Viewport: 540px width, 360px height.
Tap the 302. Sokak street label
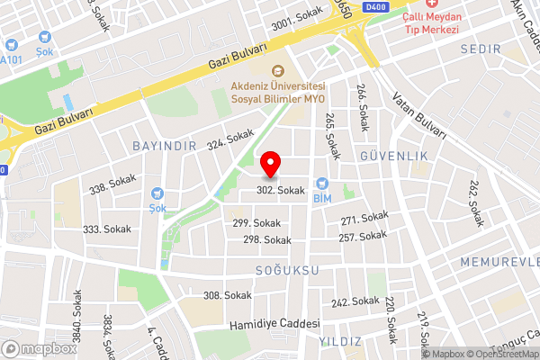pyautogui.click(x=281, y=191)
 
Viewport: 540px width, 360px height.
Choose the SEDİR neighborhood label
pyautogui.click(x=479, y=48)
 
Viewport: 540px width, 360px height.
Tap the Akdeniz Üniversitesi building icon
pyautogui.click(x=277, y=70)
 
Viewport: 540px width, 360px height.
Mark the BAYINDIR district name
pyautogui.click(x=163, y=146)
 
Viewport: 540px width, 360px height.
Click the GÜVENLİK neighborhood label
pyautogui.click(x=394, y=156)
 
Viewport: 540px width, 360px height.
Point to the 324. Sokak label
pyautogui.click(x=230, y=139)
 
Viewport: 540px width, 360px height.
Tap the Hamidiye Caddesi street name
pyautogui.click(x=275, y=324)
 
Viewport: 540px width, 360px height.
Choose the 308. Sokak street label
pyautogui.click(x=228, y=295)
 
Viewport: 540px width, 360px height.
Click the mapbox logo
pyautogui.click(x=40, y=348)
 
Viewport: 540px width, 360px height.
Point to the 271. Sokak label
pyautogui.click(x=364, y=219)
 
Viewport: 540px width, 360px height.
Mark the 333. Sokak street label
pyautogui.click(x=106, y=229)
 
